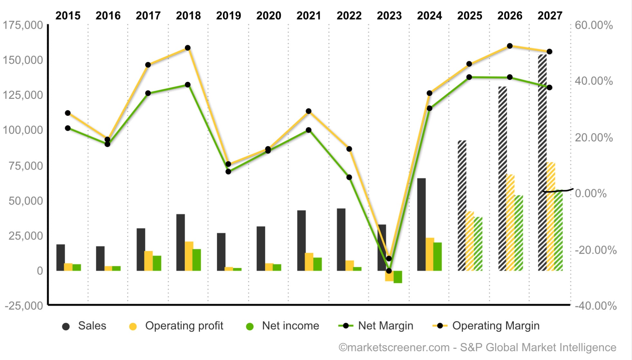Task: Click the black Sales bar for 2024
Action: (x=421, y=224)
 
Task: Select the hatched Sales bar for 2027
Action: (x=542, y=162)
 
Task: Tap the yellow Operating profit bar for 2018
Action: (x=189, y=256)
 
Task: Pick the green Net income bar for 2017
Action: (x=157, y=263)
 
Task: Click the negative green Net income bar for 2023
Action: (x=398, y=277)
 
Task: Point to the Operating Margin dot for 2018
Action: (x=188, y=48)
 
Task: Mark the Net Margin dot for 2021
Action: (x=309, y=130)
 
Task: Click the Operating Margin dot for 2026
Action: (x=510, y=46)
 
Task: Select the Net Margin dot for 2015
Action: (x=68, y=128)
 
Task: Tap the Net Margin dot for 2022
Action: (x=349, y=177)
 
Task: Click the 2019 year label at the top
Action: (x=228, y=15)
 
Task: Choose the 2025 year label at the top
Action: (x=469, y=15)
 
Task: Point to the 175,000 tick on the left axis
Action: (x=23, y=25)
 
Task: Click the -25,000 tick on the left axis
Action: (x=24, y=305)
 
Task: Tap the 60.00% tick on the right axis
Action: (x=594, y=25)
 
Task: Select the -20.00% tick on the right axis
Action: (x=596, y=250)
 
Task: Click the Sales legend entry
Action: (x=84, y=326)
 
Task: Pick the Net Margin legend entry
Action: (x=376, y=326)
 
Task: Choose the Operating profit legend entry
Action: (x=176, y=326)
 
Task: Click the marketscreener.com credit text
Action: (x=477, y=347)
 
